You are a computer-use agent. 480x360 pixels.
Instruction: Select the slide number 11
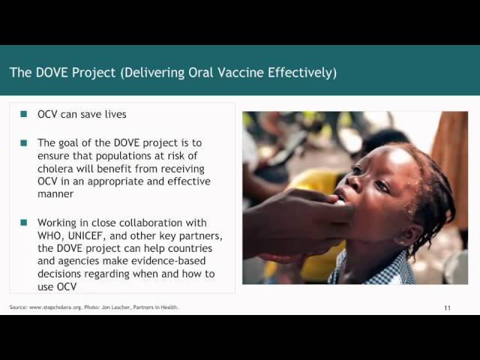(447, 308)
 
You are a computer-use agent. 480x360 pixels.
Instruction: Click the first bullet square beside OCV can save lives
(24, 115)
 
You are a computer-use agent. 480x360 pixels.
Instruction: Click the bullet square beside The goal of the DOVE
(24, 142)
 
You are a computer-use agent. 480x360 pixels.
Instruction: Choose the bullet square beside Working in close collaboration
(24, 223)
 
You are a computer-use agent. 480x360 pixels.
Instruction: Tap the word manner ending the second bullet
(56, 195)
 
